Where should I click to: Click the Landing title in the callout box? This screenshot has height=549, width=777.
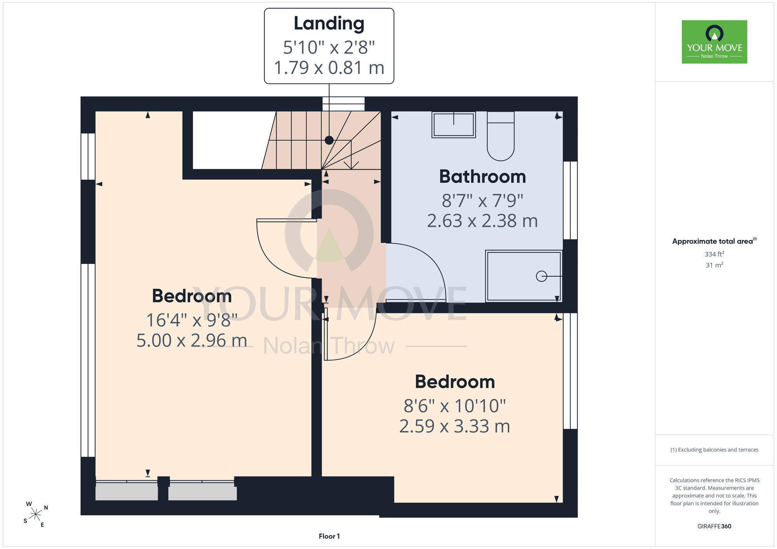click(x=329, y=23)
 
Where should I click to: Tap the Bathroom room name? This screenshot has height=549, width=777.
click(x=483, y=177)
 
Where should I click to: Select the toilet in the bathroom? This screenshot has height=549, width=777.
click(x=501, y=136)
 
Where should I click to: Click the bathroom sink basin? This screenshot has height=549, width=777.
click(x=454, y=125)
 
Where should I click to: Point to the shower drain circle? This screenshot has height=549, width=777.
click(x=541, y=276)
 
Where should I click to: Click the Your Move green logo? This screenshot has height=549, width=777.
click(x=714, y=42)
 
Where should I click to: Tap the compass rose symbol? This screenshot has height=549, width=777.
click(x=35, y=515)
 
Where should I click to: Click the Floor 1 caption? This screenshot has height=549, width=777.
click(x=329, y=536)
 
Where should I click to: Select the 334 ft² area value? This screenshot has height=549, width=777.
click(x=714, y=254)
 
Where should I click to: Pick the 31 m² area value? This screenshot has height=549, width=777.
click(x=714, y=265)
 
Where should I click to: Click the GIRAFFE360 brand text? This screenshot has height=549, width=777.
click(x=714, y=526)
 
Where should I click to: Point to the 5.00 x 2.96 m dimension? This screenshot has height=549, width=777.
click(x=192, y=341)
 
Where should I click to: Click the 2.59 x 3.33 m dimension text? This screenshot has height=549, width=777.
click(x=455, y=426)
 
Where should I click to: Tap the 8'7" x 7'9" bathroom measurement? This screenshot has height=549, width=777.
click(x=483, y=201)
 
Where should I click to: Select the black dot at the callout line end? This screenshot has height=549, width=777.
click(x=329, y=140)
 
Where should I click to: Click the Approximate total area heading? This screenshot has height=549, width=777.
click(x=714, y=241)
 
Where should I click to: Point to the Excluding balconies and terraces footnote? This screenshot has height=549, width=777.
click(x=714, y=450)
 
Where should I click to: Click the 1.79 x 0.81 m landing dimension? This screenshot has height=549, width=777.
click(x=329, y=68)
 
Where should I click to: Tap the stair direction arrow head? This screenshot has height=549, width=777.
click(x=351, y=165)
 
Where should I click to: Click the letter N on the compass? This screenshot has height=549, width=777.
click(x=46, y=507)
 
